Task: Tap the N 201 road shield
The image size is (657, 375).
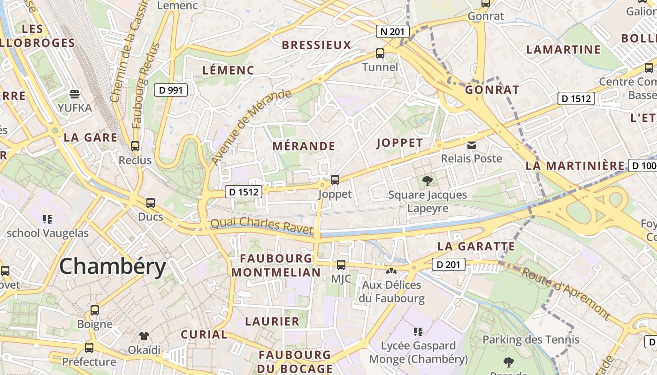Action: (x=393, y=32)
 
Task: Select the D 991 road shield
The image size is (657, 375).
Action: (x=171, y=90)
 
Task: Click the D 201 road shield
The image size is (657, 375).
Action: (x=448, y=265)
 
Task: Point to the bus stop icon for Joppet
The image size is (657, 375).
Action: (x=335, y=180)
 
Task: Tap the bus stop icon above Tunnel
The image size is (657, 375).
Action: (x=380, y=53)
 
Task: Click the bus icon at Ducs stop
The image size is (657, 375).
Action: (x=150, y=203)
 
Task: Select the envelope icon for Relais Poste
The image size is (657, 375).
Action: (x=472, y=145)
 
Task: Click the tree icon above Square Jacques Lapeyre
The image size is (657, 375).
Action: (x=427, y=180)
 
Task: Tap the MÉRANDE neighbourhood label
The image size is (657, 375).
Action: (x=304, y=146)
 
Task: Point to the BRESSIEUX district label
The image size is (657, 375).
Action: (x=316, y=45)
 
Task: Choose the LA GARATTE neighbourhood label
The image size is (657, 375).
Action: (x=476, y=247)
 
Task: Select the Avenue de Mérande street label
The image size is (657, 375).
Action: (x=251, y=127)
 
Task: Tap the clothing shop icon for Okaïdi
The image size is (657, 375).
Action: (x=144, y=336)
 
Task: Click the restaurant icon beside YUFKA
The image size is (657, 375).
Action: (x=75, y=94)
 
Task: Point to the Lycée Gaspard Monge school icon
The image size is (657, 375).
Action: (x=418, y=332)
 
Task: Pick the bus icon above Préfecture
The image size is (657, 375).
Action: (x=89, y=348)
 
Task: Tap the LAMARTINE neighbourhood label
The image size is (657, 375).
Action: (x=563, y=50)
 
